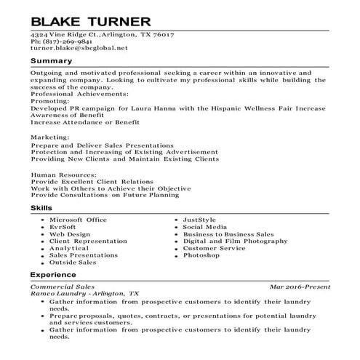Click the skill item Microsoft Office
pyautogui.click(x=78, y=220)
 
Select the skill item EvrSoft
pyautogui.click(x=65, y=227)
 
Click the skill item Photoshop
pyautogui.click(x=201, y=256)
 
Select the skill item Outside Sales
pyautogui.click(x=73, y=263)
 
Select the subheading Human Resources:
pyautogui.click(x=63, y=175)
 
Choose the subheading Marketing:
pyautogui.click(x=50, y=135)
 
